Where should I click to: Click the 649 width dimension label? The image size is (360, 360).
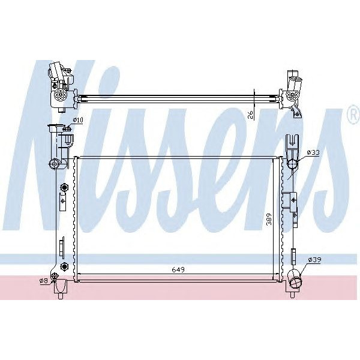pyautogui.click(x=177, y=269)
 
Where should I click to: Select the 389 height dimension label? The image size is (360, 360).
pyautogui.click(x=269, y=220)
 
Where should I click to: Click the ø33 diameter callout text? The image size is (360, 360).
pyautogui.click(x=313, y=153)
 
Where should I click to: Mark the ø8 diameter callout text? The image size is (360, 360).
pyautogui.click(x=43, y=280)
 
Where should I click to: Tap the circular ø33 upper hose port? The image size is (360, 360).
pyautogui.click(x=293, y=164)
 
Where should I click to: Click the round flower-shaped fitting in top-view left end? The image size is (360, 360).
pyautogui.click(x=59, y=95)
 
